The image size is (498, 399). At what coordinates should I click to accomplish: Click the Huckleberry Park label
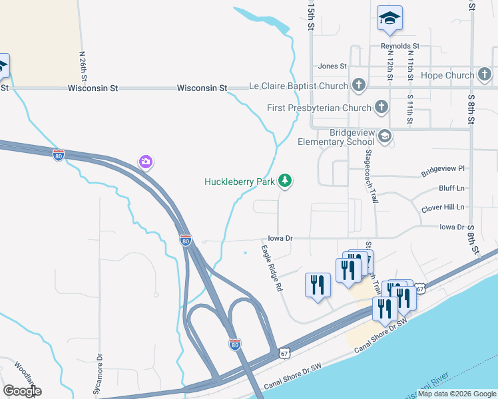pos(240,181)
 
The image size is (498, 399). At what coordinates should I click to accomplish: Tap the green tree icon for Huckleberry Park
pos(285,180)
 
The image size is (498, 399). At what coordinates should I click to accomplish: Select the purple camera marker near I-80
pos(146,162)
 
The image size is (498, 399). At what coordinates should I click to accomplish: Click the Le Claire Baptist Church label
pos(298,86)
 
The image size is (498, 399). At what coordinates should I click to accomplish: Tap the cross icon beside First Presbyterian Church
pos(381,106)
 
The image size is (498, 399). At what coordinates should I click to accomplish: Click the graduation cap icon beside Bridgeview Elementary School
pos(384,136)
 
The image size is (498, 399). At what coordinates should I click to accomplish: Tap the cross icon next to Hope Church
pos(484,74)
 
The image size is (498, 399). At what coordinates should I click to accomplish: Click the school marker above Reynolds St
pos(389,19)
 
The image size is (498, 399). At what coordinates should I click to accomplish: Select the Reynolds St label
pos(399,46)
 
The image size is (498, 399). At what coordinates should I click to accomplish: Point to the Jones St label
pos(332,66)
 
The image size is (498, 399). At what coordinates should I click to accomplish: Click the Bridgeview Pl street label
pos(442,172)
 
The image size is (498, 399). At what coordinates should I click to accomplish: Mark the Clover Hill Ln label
pos(443,208)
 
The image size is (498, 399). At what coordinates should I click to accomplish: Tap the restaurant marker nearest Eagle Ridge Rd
pos(318,285)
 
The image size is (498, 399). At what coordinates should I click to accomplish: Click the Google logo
pos(22,391)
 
